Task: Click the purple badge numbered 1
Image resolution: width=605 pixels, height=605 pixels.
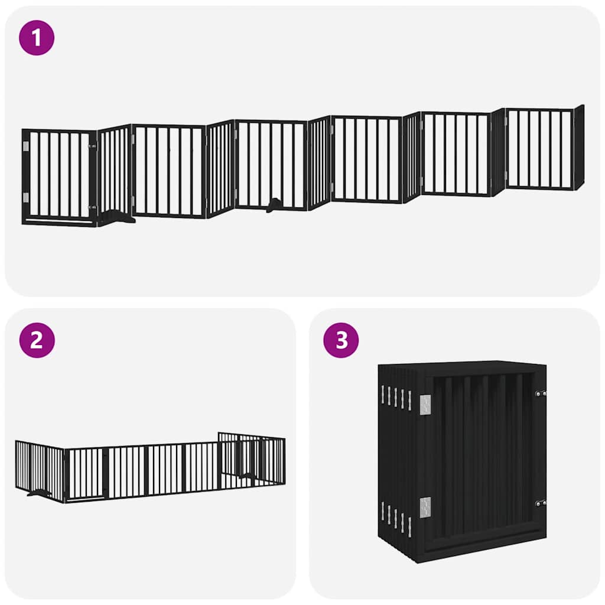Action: coord(37,38)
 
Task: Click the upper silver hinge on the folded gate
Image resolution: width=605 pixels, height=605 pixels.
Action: coord(425,404)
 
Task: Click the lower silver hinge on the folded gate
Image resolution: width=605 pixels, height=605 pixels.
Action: coord(425,507)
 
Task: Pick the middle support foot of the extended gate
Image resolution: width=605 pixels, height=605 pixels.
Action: coord(274,206)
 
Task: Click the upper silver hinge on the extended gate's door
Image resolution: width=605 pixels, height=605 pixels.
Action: coord(25,146)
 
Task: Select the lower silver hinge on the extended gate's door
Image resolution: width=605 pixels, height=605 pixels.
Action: coord(25,197)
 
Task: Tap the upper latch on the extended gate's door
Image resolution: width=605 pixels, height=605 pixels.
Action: coord(92,145)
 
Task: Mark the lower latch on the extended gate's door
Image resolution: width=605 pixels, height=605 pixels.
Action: coord(92,207)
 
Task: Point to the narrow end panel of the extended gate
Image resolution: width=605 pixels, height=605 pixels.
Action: coord(579,147)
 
